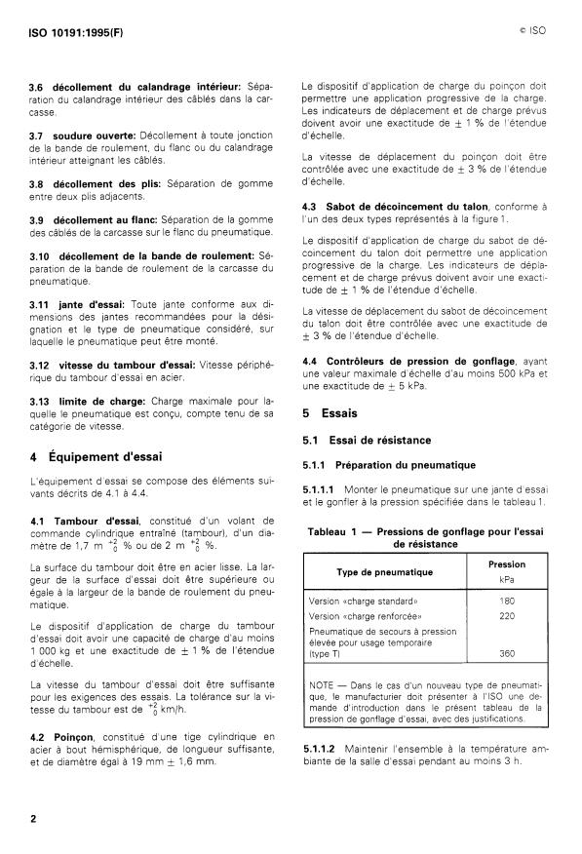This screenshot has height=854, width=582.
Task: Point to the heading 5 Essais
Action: point(330,413)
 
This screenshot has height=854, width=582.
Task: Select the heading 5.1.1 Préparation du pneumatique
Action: point(388,465)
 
